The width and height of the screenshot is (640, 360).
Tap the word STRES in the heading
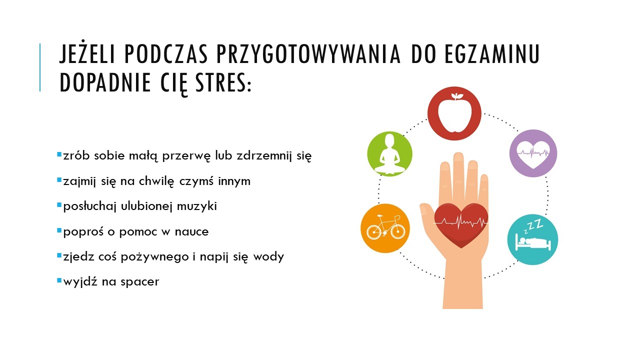(223, 82)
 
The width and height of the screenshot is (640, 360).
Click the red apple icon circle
(454, 113)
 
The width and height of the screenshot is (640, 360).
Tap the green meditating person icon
(389, 153)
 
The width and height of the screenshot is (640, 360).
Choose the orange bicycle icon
(385, 228)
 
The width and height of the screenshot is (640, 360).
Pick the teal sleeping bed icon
(532, 239)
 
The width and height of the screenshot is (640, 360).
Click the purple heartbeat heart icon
(533, 153)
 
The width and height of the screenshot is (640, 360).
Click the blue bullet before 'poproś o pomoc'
(59, 230)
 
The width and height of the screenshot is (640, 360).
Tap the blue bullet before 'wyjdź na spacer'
(59, 280)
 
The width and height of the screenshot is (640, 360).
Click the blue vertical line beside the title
(40, 67)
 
